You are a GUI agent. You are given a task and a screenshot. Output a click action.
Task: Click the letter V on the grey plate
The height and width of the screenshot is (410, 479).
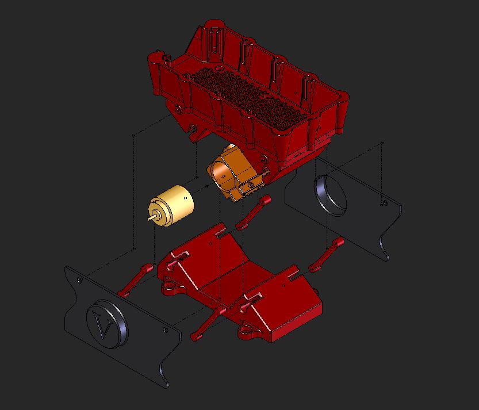pos(102,325)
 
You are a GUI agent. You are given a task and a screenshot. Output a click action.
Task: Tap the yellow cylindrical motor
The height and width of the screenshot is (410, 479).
pos(171,205)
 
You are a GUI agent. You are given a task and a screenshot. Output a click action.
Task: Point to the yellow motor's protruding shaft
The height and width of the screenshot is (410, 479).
pos(152,218)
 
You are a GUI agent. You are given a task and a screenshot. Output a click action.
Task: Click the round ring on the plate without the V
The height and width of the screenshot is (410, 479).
pos(330,195)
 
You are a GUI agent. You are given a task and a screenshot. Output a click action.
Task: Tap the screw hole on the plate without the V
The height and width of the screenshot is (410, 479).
pos(385,203)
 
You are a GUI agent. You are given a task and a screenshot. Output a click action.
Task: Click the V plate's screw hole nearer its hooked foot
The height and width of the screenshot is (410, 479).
pos(165,330)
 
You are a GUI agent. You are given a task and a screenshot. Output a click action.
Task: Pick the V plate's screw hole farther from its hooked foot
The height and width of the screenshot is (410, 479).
pos(80,280)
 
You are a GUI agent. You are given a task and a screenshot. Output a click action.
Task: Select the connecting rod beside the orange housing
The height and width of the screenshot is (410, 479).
pos(254,212)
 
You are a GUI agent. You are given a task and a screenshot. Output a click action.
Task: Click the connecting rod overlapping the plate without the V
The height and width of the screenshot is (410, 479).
pos(326,255)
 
